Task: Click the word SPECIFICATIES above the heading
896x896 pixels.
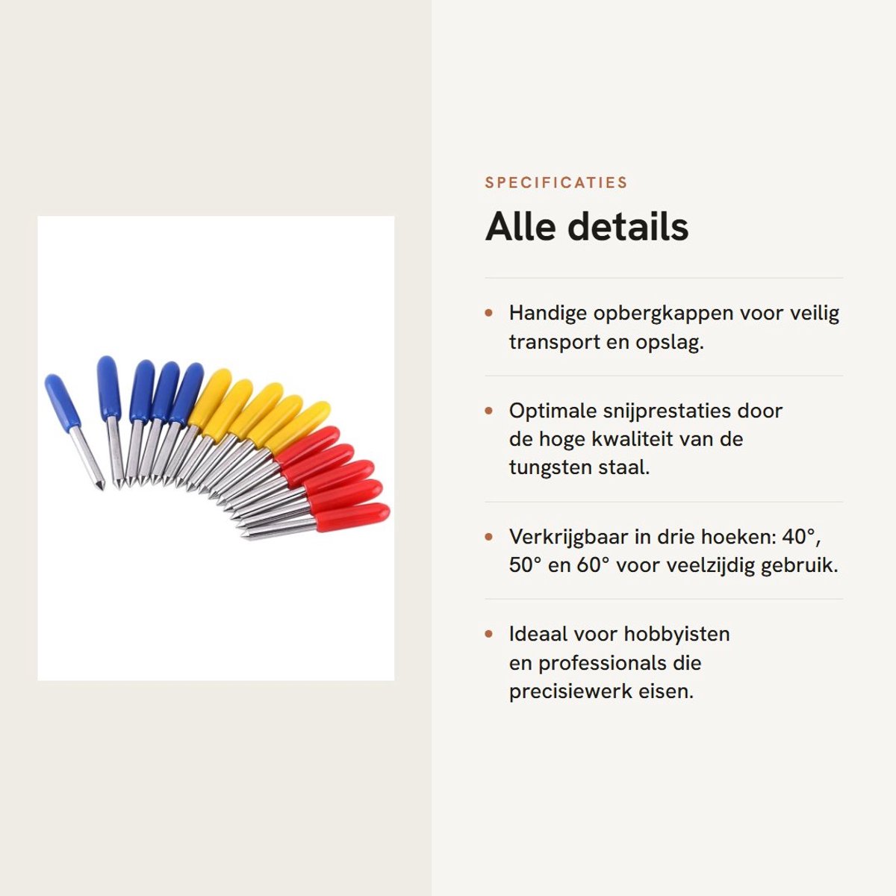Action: (x=556, y=182)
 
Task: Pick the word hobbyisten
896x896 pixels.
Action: (x=676, y=635)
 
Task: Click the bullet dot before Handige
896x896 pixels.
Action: (x=488, y=313)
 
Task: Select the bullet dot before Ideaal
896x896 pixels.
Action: (x=488, y=634)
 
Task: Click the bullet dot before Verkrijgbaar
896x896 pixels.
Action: (x=488, y=537)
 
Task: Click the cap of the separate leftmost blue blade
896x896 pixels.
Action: (x=62, y=401)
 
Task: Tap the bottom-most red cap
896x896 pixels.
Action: (x=352, y=517)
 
